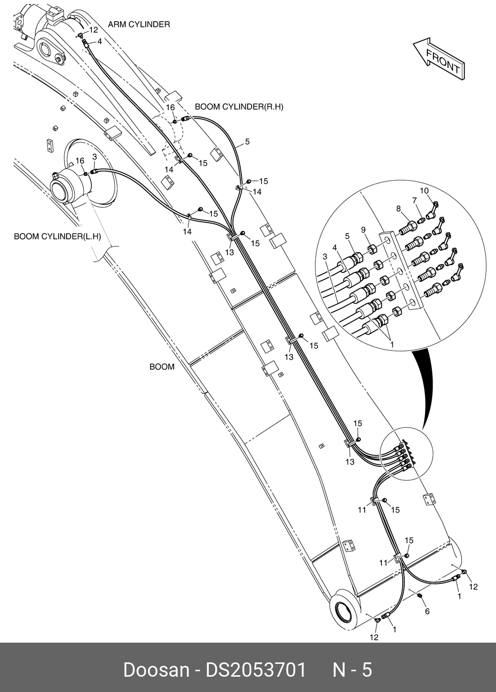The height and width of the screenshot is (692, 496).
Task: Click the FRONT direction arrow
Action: (439, 59)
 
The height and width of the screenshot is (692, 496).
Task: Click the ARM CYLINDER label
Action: (139, 24)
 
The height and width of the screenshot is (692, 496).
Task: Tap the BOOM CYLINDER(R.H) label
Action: (239, 107)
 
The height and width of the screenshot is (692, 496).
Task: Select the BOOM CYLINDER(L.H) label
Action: (57, 236)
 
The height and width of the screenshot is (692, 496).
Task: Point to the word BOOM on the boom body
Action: (162, 367)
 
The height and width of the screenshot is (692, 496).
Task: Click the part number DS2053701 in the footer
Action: (256, 670)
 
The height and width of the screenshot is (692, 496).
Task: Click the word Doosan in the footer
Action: (155, 670)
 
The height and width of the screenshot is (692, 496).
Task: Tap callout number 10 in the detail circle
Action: (424, 191)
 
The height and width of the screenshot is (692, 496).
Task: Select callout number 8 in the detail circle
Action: (398, 209)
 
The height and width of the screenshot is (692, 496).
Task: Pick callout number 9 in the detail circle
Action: (363, 230)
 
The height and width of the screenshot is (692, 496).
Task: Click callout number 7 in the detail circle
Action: (415, 200)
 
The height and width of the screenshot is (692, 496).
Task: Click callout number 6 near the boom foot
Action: (427, 612)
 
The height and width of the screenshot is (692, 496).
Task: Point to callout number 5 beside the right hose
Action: (247, 142)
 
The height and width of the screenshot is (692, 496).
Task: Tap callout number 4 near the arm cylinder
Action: (100, 41)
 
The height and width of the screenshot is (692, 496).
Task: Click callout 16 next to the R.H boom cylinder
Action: (170, 108)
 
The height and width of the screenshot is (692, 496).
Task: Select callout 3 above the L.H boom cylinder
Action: (94, 156)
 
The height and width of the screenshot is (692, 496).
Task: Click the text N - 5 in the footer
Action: (352, 670)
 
